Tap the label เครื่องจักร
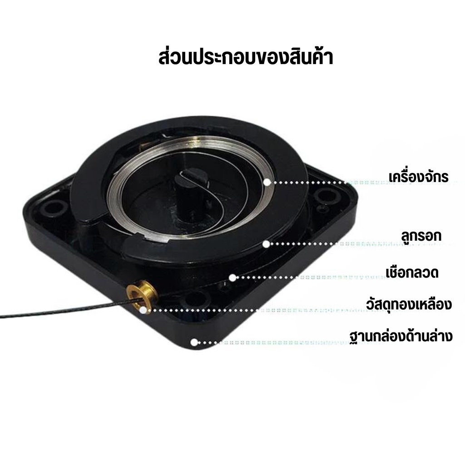(x=418, y=177)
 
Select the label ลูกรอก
(x=421, y=236)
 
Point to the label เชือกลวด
(x=412, y=272)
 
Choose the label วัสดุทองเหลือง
(x=409, y=304)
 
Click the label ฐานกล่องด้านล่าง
(x=401, y=336)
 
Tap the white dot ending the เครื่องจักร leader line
(x=267, y=182)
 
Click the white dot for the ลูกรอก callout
(x=266, y=244)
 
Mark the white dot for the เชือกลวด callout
(x=232, y=277)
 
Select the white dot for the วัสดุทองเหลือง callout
(x=143, y=311)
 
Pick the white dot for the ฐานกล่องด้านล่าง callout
(x=194, y=342)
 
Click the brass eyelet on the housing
(x=142, y=294)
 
